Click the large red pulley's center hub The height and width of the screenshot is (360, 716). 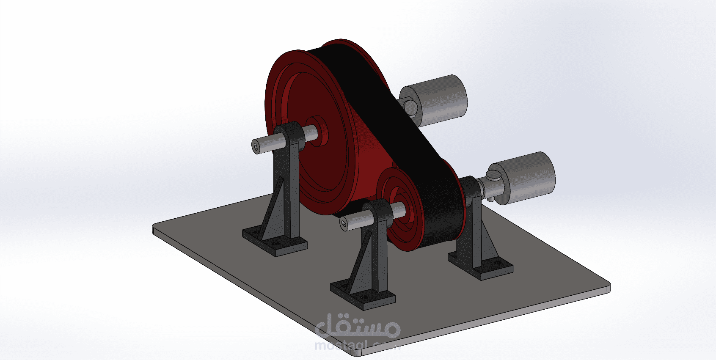(x=316, y=131)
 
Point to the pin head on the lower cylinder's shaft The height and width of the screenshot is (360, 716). (x=493, y=174)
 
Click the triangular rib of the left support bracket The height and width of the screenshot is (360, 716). (x=273, y=212)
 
